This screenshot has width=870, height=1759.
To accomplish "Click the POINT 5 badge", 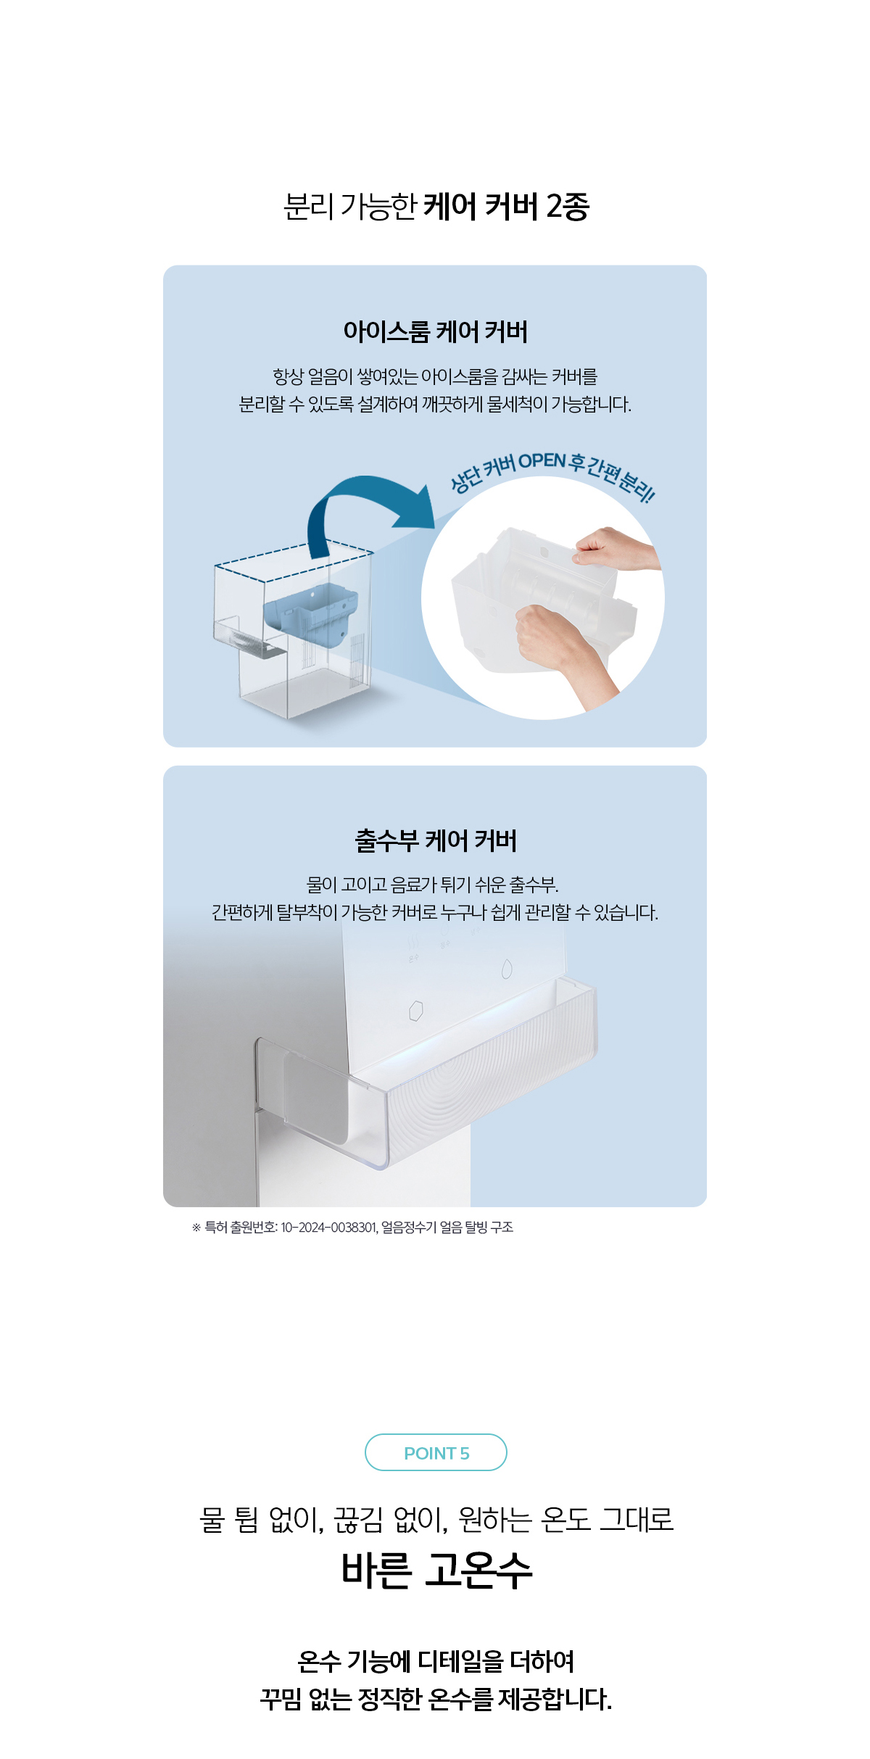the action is [436, 1452].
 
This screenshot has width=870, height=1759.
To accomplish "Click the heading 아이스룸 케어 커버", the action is [436, 331].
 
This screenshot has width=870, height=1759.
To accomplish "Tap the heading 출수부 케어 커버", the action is [436, 840].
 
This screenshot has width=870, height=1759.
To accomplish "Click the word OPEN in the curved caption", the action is [542, 460].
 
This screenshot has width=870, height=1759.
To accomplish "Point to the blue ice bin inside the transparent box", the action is [310, 613].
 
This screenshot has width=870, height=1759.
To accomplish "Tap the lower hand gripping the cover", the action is [562, 649].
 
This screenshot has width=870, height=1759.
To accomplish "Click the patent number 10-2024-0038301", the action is [328, 1228].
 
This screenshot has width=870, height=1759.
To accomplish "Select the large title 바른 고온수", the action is [436, 1571].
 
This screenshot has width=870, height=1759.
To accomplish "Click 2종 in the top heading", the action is [568, 207].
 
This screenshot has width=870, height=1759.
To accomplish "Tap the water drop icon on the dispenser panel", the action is [507, 968].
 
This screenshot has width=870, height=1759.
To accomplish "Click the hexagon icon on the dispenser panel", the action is [415, 1010].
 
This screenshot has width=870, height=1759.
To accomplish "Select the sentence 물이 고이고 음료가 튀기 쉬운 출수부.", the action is [433, 885].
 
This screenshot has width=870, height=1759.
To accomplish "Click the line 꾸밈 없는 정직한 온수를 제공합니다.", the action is [436, 1699].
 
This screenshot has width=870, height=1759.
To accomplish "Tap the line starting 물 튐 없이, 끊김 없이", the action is [436, 1519].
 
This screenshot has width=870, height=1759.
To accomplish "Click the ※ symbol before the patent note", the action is [196, 1228].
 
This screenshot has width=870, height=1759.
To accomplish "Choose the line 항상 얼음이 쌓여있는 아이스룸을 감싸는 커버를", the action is [435, 376].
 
